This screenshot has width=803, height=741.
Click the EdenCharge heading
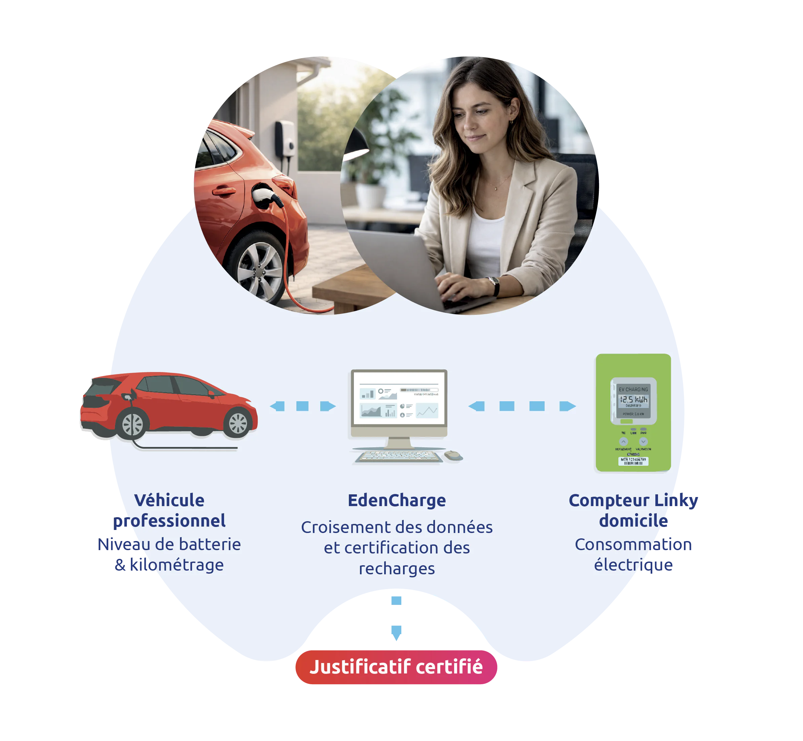(x=397, y=500)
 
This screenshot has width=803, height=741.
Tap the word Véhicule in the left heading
(x=169, y=500)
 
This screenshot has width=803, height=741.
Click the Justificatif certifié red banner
(x=396, y=667)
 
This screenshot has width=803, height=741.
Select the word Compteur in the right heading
(x=609, y=500)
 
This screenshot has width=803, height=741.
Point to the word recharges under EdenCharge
(x=397, y=569)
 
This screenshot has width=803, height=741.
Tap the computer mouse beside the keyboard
(x=453, y=455)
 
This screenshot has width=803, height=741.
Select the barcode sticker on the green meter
(x=633, y=461)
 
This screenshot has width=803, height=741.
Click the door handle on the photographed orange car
(x=223, y=191)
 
